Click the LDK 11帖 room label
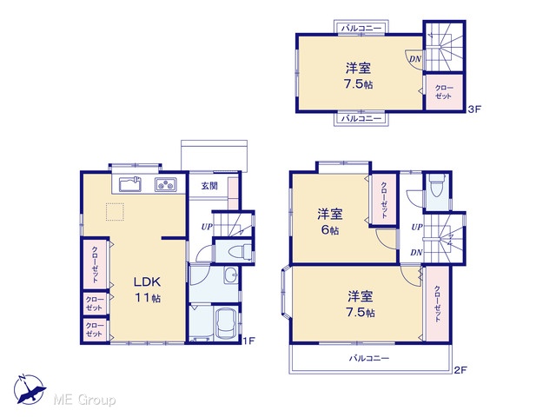click(148, 289)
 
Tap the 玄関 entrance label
click(209, 185)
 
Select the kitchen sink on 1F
click(129, 184)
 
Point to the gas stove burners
click(166, 185)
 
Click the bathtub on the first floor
click(226, 324)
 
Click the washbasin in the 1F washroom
click(231, 275)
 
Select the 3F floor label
click(474, 109)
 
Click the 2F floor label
click(460, 370)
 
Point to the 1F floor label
click(248, 341)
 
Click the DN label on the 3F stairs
click(415, 59)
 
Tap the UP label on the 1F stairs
click(207, 227)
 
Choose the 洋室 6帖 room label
click(330, 222)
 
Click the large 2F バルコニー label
click(369, 358)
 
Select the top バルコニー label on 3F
click(361, 28)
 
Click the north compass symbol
click(30, 389)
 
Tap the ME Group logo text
click(84, 400)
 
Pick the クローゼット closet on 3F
click(444, 92)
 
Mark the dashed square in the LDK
click(115, 212)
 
